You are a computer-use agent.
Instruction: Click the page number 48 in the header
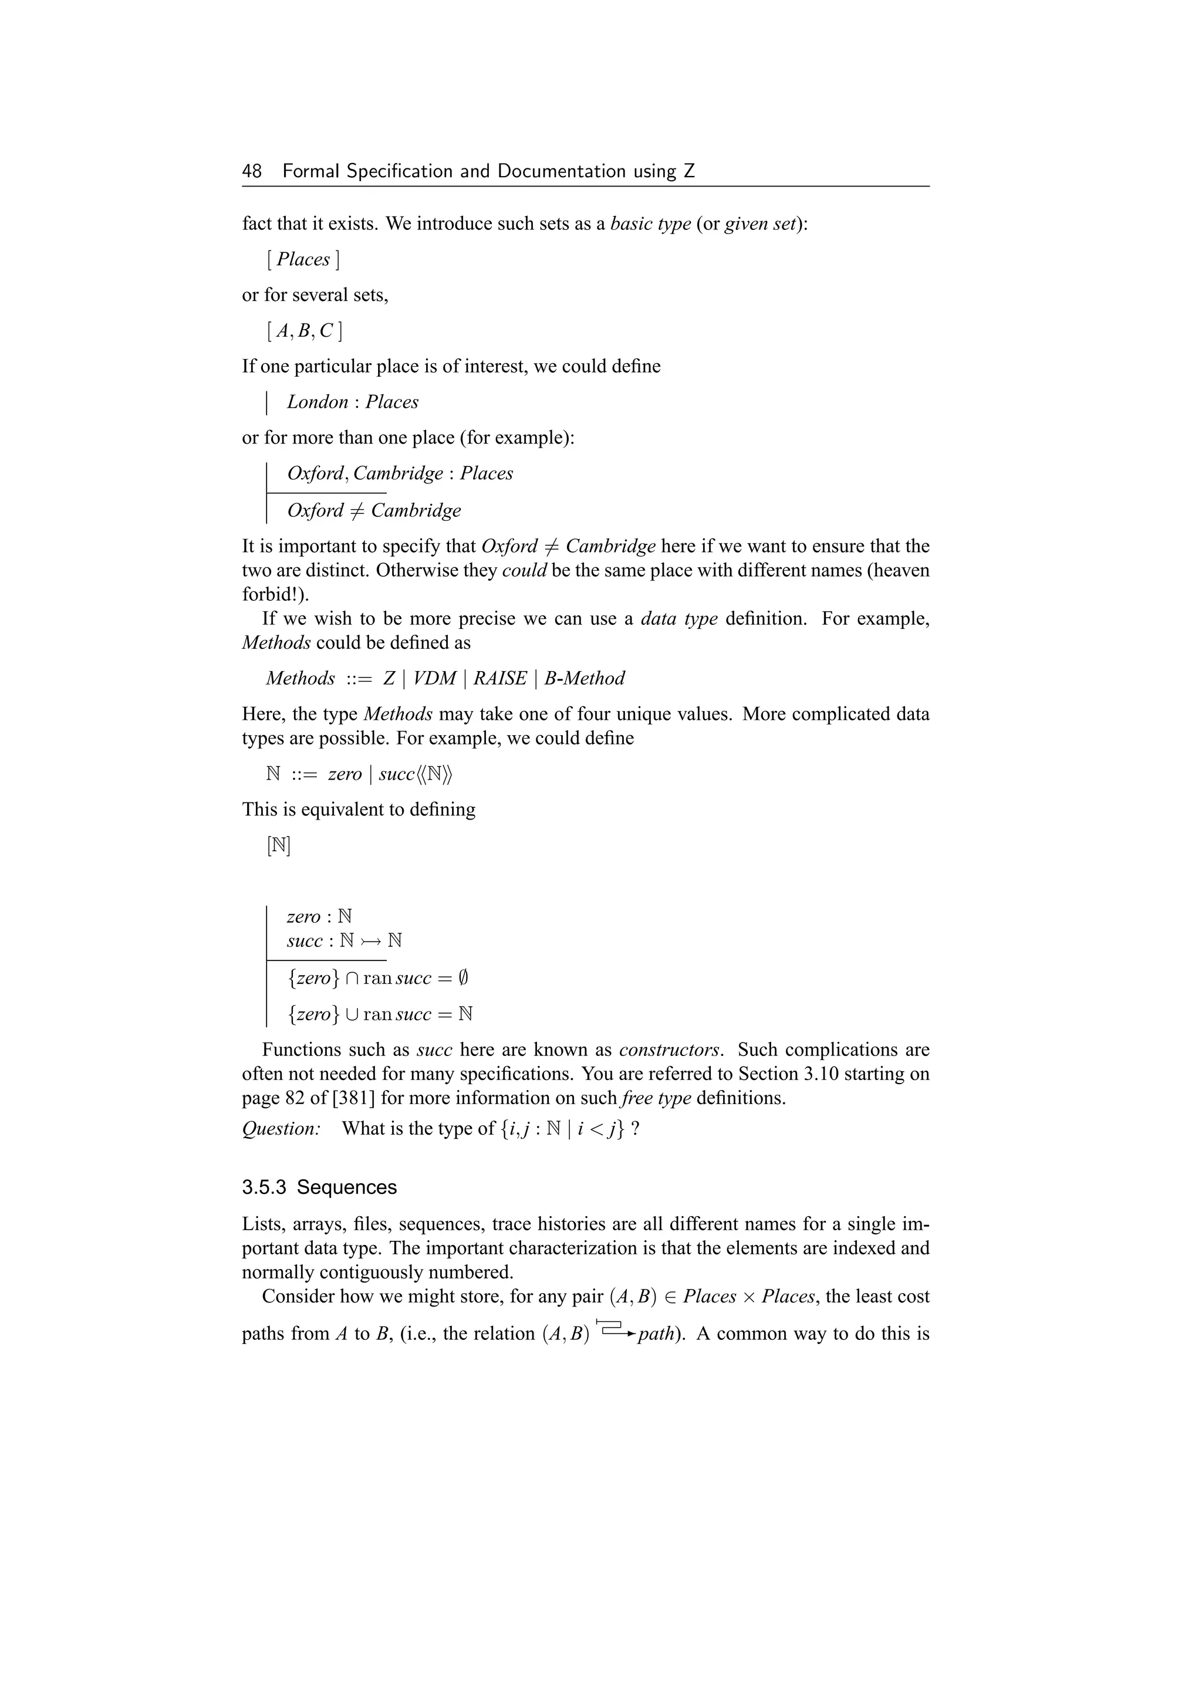[x=252, y=172]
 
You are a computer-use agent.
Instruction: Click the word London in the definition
[x=318, y=402]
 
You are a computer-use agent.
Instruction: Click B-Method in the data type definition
[x=584, y=679]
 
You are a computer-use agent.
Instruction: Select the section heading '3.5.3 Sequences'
[x=319, y=1187]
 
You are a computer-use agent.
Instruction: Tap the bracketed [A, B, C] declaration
[x=304, y=331]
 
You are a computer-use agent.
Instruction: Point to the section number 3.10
[x=823, y=1074]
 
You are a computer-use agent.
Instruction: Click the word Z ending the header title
[x=689, y=172]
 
